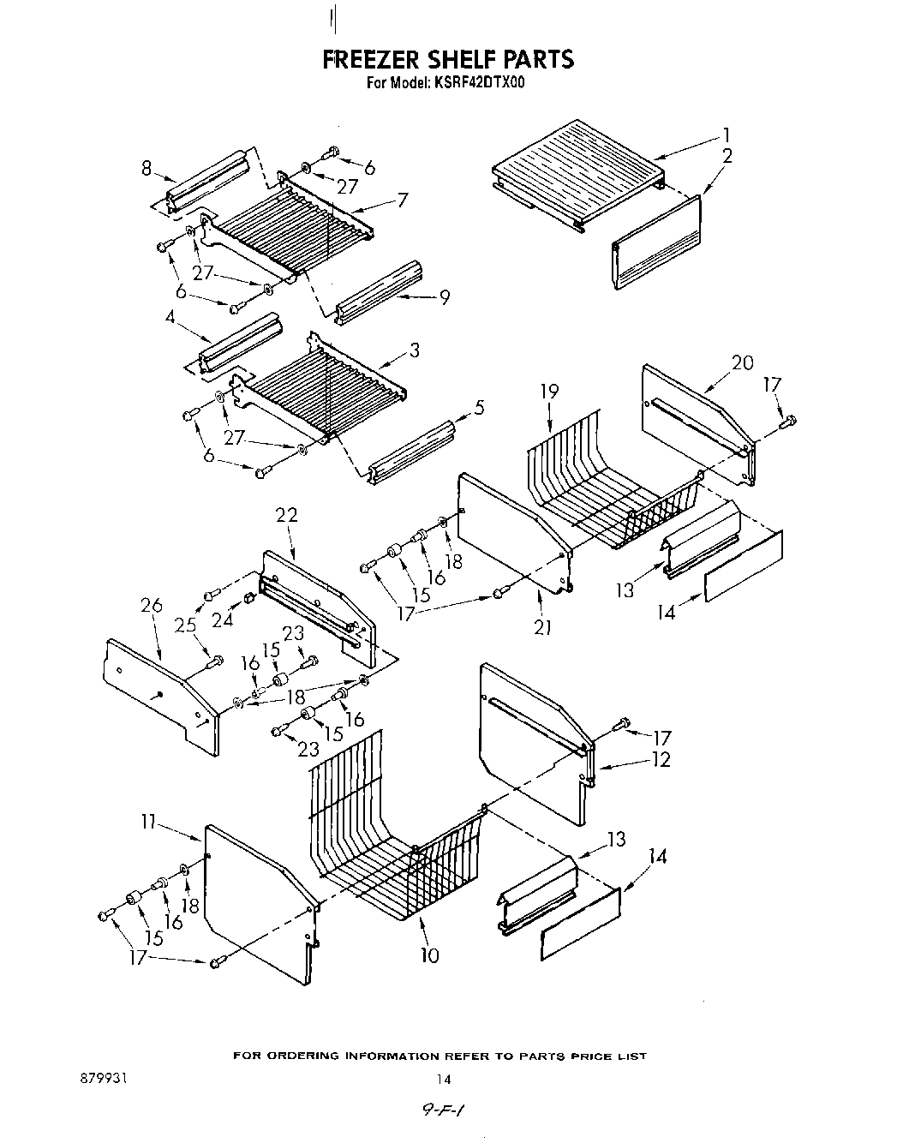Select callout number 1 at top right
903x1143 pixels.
[x=726, y=135]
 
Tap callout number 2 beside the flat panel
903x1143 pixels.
[x=727, y=155]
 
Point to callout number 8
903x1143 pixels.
[x=147, y=169]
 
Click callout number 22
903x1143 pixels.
[x=286, y=515]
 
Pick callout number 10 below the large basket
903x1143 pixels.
[x=429, y=954]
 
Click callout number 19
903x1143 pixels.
[x=549, y=392]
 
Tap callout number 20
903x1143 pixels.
[x=742, y=362]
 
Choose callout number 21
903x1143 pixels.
[x=541, y=627]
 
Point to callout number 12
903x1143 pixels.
[x=661, y=759]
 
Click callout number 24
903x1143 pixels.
[x=222, y=619]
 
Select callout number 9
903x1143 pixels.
[x=444, y=297]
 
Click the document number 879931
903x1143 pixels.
[x=102, y=1079]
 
